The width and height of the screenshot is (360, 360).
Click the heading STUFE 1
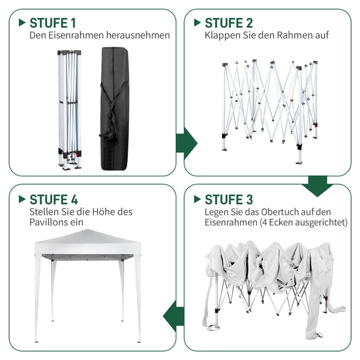pos(53,23)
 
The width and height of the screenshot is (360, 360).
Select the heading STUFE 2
pos(229,23)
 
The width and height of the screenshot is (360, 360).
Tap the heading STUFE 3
pos(229,199)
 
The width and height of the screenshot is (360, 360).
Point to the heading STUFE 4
pos(54,199)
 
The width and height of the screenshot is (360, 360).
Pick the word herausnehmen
pos(138,35)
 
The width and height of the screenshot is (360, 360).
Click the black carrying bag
pos(115,109)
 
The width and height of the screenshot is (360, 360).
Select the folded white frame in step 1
pos(70,110)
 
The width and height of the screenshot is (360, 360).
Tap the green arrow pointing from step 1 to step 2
pos(187,143)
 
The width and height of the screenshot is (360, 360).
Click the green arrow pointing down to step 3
pos(317,186)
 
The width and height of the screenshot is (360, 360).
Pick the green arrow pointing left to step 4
pos(173,316)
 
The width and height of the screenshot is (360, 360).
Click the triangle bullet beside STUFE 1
pos(22,23)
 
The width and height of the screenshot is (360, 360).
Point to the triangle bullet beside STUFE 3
pos(197,199)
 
